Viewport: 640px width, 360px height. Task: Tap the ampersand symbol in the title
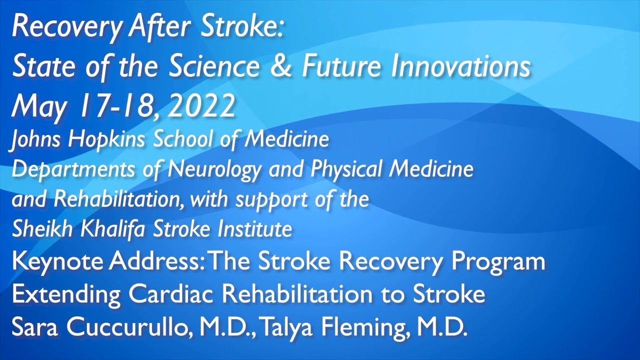282,67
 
